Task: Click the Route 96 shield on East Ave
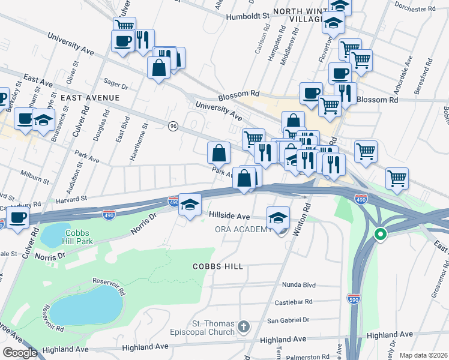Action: tap(173, 126)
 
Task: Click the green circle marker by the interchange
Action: tap(379, 235)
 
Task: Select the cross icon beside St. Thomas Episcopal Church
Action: tap(243, 326)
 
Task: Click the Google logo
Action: tap(20, 353)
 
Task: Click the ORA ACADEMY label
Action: tap(244, 229)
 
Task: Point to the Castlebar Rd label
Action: tap(294, 302)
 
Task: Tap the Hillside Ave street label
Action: tap(229, 215)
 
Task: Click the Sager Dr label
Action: tap(116, 86)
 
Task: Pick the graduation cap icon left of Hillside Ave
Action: tap(190, 205)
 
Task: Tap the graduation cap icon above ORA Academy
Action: tap(278, 217)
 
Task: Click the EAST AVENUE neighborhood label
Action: tap(89, 97)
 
